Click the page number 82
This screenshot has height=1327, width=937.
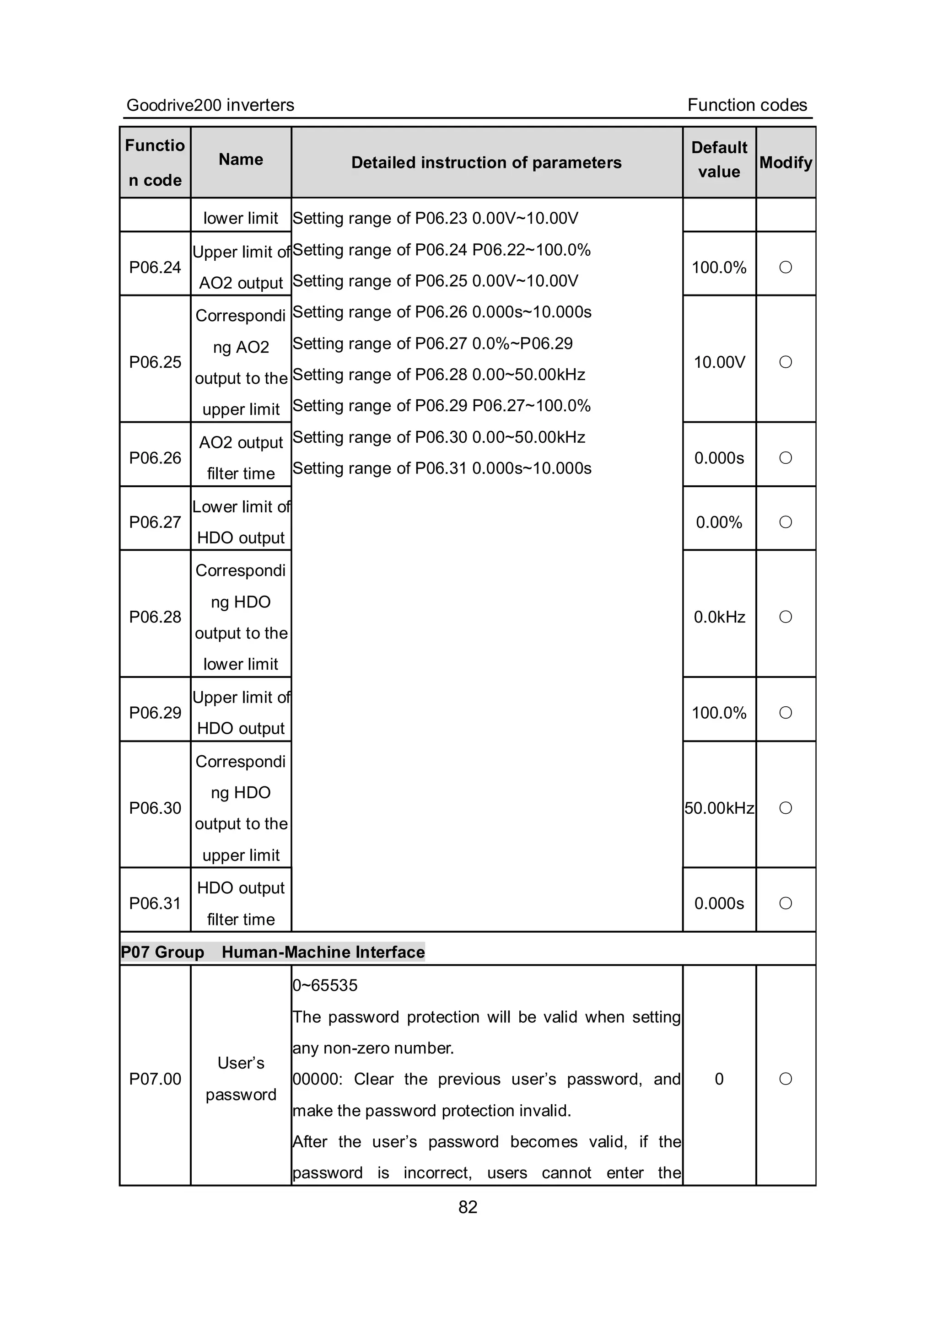pos(468,1207)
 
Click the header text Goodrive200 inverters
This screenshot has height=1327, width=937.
pos(210,105)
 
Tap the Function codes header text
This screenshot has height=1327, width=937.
pos(747,105)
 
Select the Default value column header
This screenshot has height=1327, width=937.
pos(719,160)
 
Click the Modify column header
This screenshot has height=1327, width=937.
pos(786,162)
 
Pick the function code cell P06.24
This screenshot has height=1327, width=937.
pos(155,267)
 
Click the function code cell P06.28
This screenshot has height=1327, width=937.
pos(155,617)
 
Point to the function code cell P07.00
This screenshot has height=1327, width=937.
pos(155,1079)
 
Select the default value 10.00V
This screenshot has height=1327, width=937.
pos(719,362)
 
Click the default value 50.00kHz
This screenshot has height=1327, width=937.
pos(719,808)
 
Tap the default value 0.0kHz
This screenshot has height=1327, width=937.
pos(719,617)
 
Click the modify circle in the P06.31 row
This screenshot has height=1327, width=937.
pos(786,903)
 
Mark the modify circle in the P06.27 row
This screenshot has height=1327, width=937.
pos(786,522)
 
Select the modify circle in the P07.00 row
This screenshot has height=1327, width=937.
pos(786,1079)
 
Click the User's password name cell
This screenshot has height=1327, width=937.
pos(241,1079)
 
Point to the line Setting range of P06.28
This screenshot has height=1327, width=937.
pos(439,375)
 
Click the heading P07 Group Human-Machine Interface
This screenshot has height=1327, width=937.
pos(272,952)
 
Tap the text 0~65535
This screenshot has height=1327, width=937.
pos(325,985)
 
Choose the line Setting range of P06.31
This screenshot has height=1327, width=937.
pos(442,468)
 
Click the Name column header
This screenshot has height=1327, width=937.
pos(241,160)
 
